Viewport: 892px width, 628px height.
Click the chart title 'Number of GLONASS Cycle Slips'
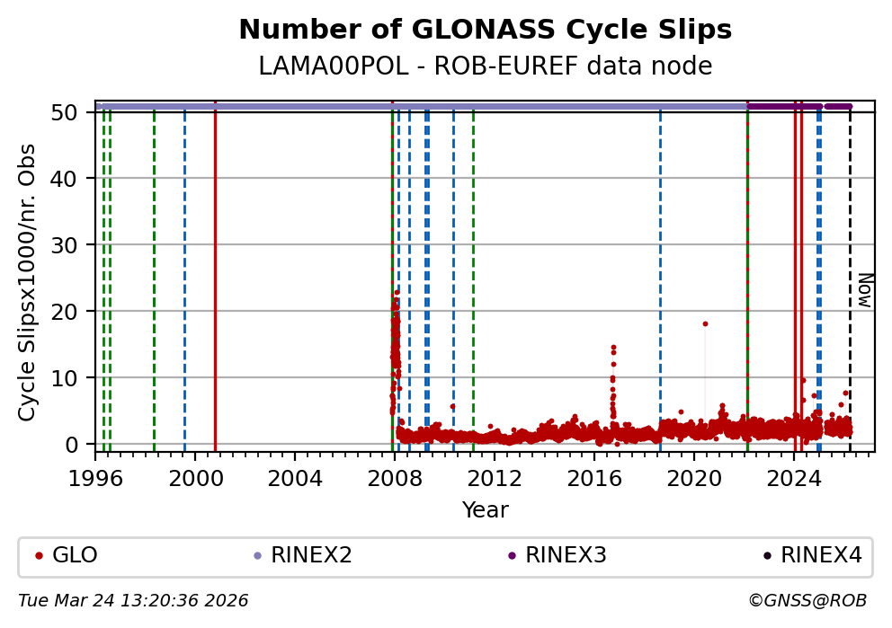pyautogui.click(x=485, y=31)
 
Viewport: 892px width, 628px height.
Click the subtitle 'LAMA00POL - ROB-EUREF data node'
pyautogui.click(x=485, y=66)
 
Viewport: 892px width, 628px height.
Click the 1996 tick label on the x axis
pyautogui.click(x=95, y=478)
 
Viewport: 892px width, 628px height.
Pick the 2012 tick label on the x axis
pyautogui.click(x=495, y=478)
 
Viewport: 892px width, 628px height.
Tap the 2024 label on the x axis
pyautogui.click(x=794, y=478)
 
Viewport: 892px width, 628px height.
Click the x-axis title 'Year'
pyautogui.click(x=485, y=511)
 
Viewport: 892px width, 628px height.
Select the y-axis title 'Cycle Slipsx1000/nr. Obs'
pyautogui.click(x=28, y=282)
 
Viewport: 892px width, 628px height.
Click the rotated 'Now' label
pyautogui.click(x=863, y=291)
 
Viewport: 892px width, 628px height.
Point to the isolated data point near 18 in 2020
pyautogui.click(x=705, y=323)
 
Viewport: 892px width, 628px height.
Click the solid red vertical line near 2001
pyautogui.click(x=215, y=279)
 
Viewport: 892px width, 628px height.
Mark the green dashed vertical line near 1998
pyautogui.click(x=154, y=279)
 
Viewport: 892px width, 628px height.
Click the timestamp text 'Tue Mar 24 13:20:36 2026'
pyautogui.click(x=133, y=601)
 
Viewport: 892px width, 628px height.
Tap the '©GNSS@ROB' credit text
pyautogui.click(x=807, y=601)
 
